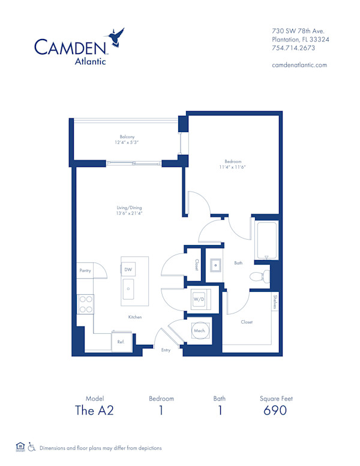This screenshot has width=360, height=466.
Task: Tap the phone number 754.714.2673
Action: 296,49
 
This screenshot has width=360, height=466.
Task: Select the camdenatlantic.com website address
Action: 299,65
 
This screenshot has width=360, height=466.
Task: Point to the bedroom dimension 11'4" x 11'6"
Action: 233,167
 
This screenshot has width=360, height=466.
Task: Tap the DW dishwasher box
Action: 128,270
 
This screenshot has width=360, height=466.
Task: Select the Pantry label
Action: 85,271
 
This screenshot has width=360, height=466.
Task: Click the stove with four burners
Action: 86,304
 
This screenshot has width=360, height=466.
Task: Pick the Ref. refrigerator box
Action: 121,342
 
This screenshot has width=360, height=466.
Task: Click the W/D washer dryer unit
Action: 199,298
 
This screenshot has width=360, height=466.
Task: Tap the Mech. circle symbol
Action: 199,331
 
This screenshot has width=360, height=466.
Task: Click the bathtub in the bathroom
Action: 266,240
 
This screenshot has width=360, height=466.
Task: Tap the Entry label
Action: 166,349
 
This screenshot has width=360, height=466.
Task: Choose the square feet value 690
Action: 275,411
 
